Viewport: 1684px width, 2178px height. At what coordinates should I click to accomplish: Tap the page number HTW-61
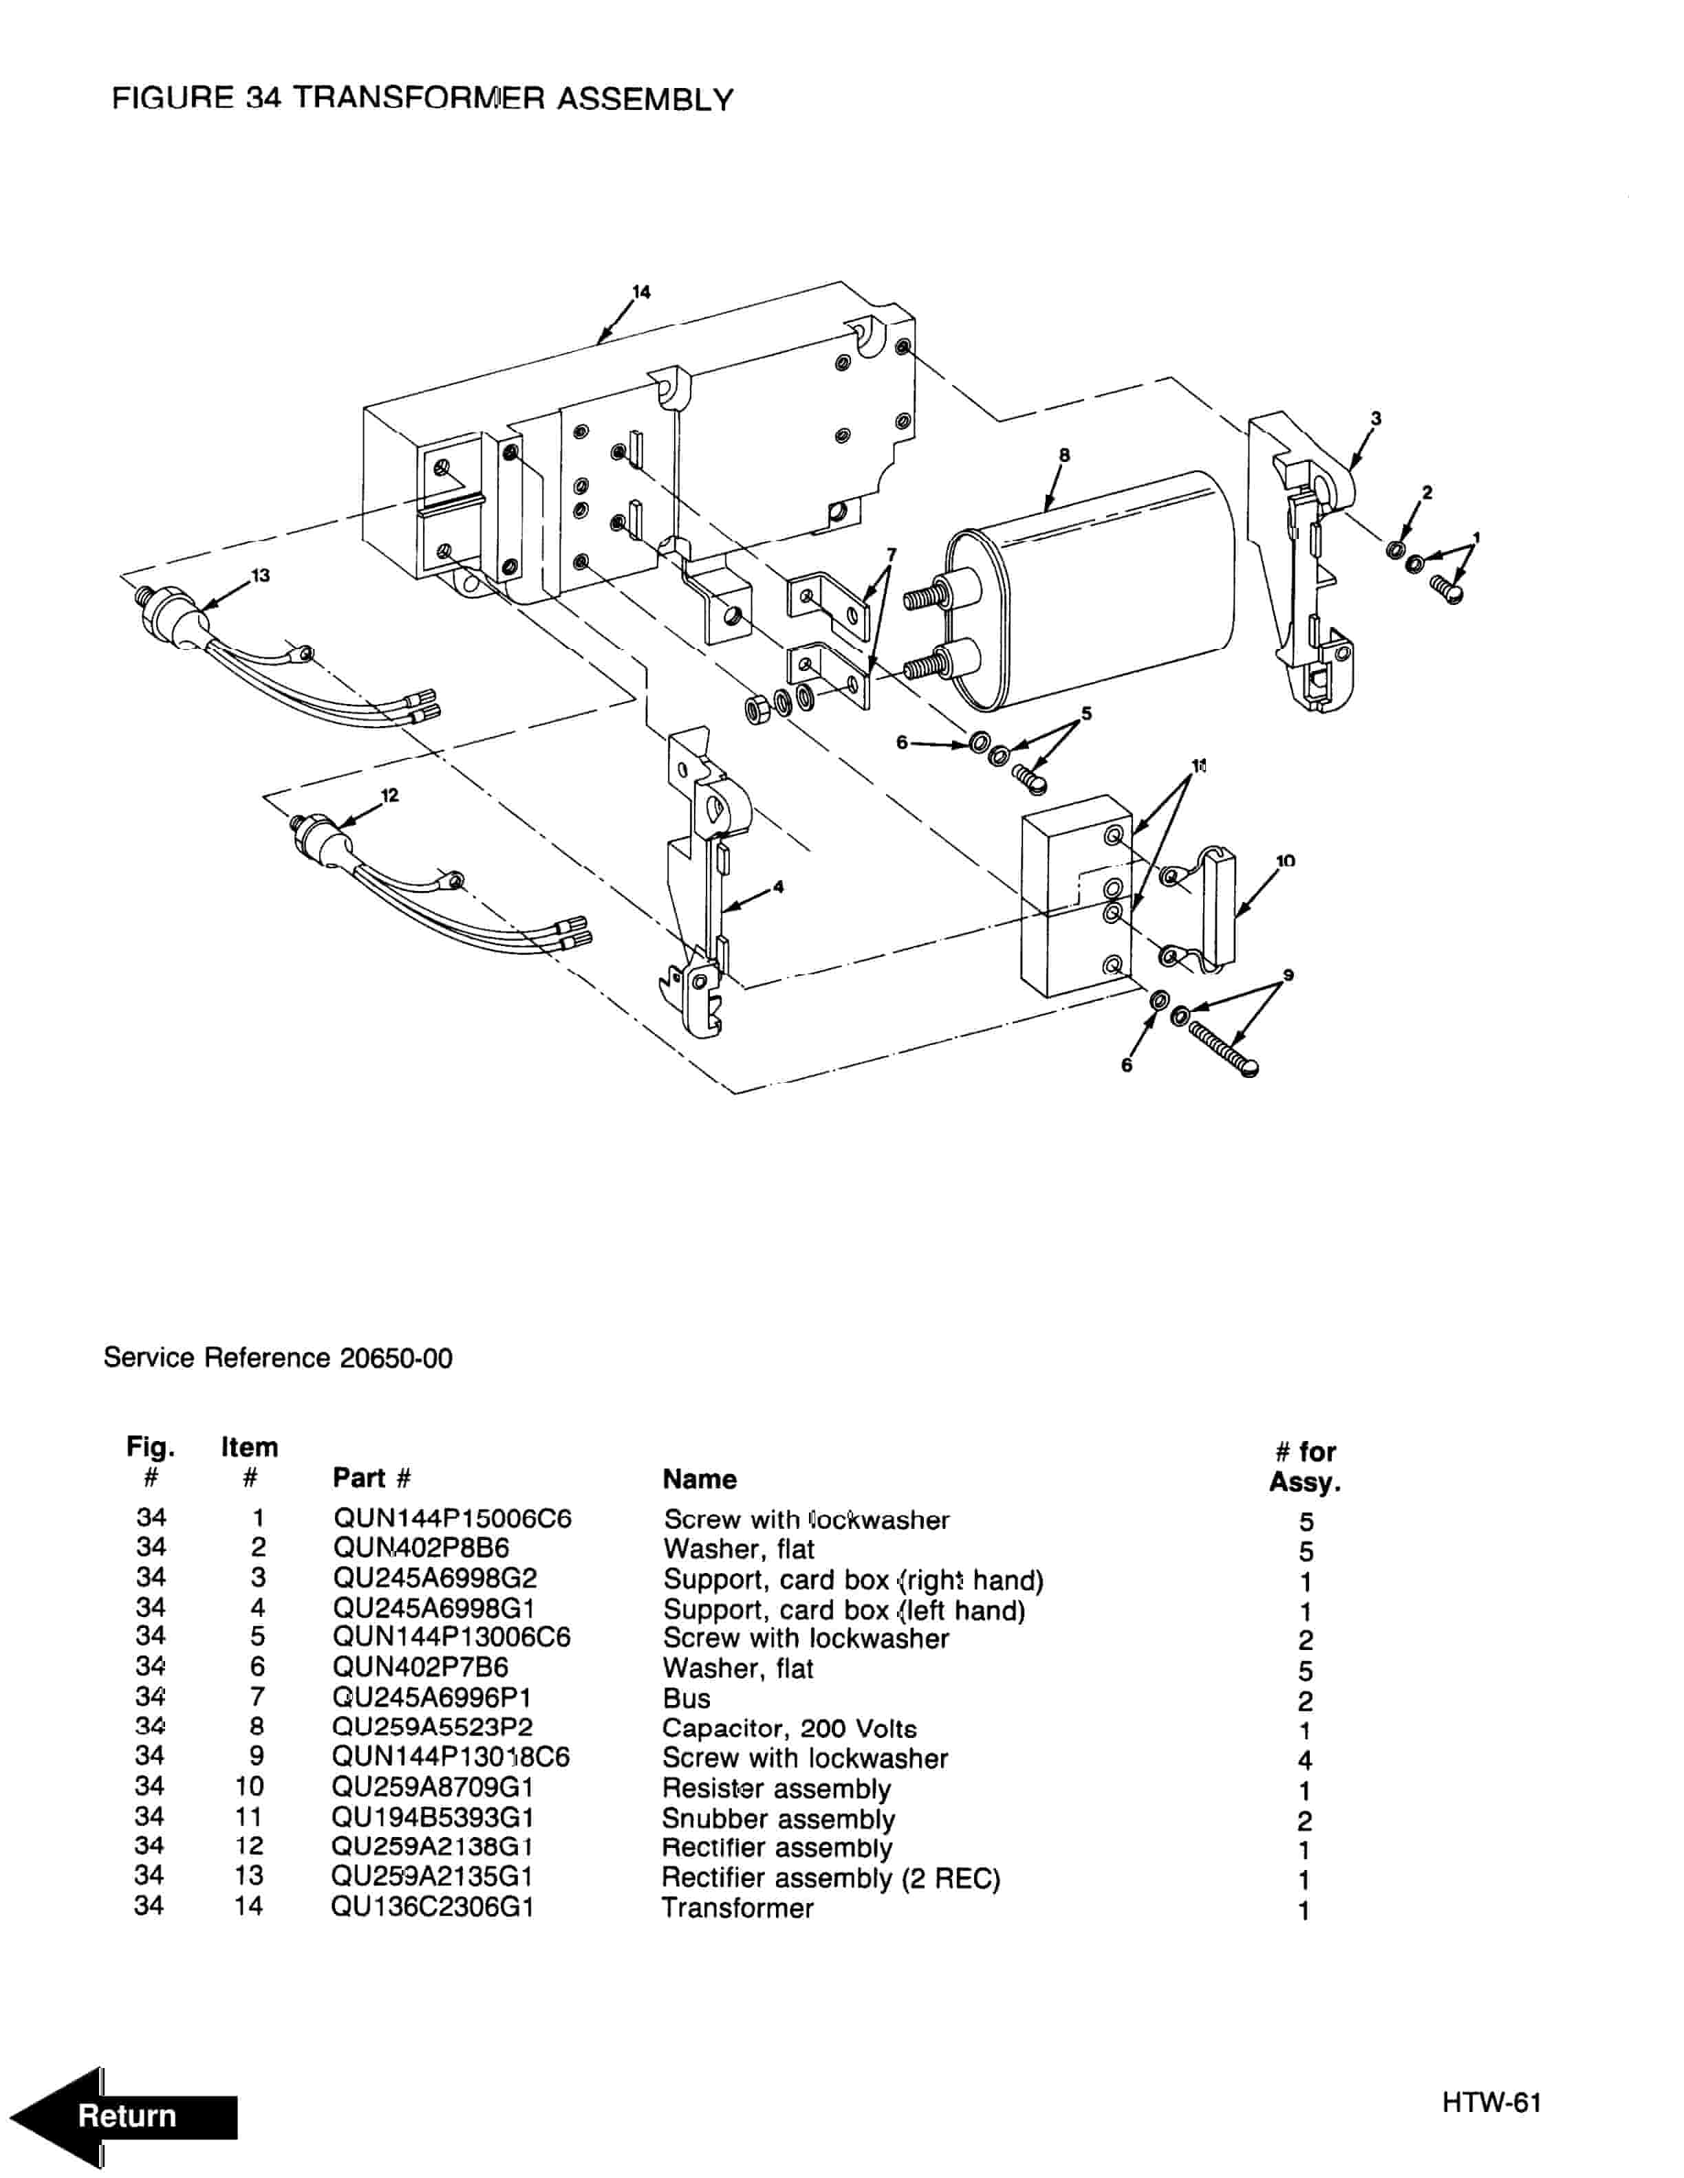(1491, 2103)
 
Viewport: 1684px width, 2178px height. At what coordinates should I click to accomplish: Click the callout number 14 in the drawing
(642, 291)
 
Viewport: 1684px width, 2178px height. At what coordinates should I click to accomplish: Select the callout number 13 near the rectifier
(261, 575)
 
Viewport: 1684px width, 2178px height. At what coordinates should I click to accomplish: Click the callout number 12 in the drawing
(389, 795)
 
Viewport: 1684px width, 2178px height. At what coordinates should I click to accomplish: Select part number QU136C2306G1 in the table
(432, 1908)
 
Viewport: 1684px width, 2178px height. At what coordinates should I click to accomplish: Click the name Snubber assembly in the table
(778, 1819)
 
